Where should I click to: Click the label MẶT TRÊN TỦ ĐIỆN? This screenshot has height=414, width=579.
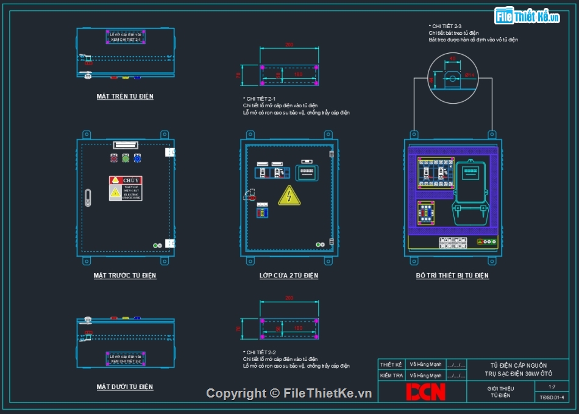pyautogui.click(x=125, y=96)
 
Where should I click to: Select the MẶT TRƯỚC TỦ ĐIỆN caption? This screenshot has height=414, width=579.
pyautogui.click(x=125, y=276)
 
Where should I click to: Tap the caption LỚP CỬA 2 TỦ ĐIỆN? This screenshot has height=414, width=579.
pyautogui.click(x=289, y=276)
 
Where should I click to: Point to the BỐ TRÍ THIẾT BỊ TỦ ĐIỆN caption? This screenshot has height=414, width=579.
pyautogui.click(x=452, y=276)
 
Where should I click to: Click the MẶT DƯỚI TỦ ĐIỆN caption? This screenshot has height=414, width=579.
pyautogui.click(x=125, y=387)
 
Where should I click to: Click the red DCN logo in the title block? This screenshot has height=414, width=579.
pyautogui.click(x=426, y=391)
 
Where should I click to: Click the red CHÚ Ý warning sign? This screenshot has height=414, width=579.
pyautogui.click(x=125, y=180)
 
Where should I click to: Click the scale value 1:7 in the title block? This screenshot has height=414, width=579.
pyautogui.click(x=552, y=387)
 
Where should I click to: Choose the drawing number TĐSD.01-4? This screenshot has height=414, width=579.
pyautogui.click(x=552, y=397)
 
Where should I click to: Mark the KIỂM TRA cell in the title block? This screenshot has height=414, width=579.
pyautogui.click(x=391, y=376)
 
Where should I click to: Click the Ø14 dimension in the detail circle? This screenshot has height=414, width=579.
pyautogui.click(x=469, y=75)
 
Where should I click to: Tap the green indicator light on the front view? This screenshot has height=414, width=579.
pyautogui.click(x=126, y=158)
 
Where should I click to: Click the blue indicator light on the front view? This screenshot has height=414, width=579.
pyautogui.click(x=137, y=158)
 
